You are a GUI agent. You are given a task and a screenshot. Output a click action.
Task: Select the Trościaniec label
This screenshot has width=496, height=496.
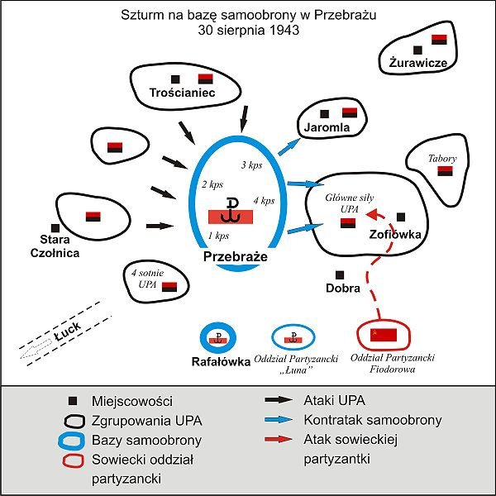point(183,93)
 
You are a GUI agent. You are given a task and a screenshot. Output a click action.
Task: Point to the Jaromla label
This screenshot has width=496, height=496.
point(327,128)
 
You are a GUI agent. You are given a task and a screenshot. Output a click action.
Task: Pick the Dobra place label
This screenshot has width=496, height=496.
point(343,289)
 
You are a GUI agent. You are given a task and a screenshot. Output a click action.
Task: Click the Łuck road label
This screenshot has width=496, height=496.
point(65,334)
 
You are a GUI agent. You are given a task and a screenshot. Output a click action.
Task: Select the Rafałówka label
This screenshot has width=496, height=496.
point(219,360)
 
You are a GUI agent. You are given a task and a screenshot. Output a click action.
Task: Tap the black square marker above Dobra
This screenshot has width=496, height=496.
point(338,274)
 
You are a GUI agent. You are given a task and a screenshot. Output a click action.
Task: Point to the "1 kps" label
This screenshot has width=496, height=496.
point(219,237)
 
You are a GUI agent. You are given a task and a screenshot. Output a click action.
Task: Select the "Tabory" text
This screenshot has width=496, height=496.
point(442,158)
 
